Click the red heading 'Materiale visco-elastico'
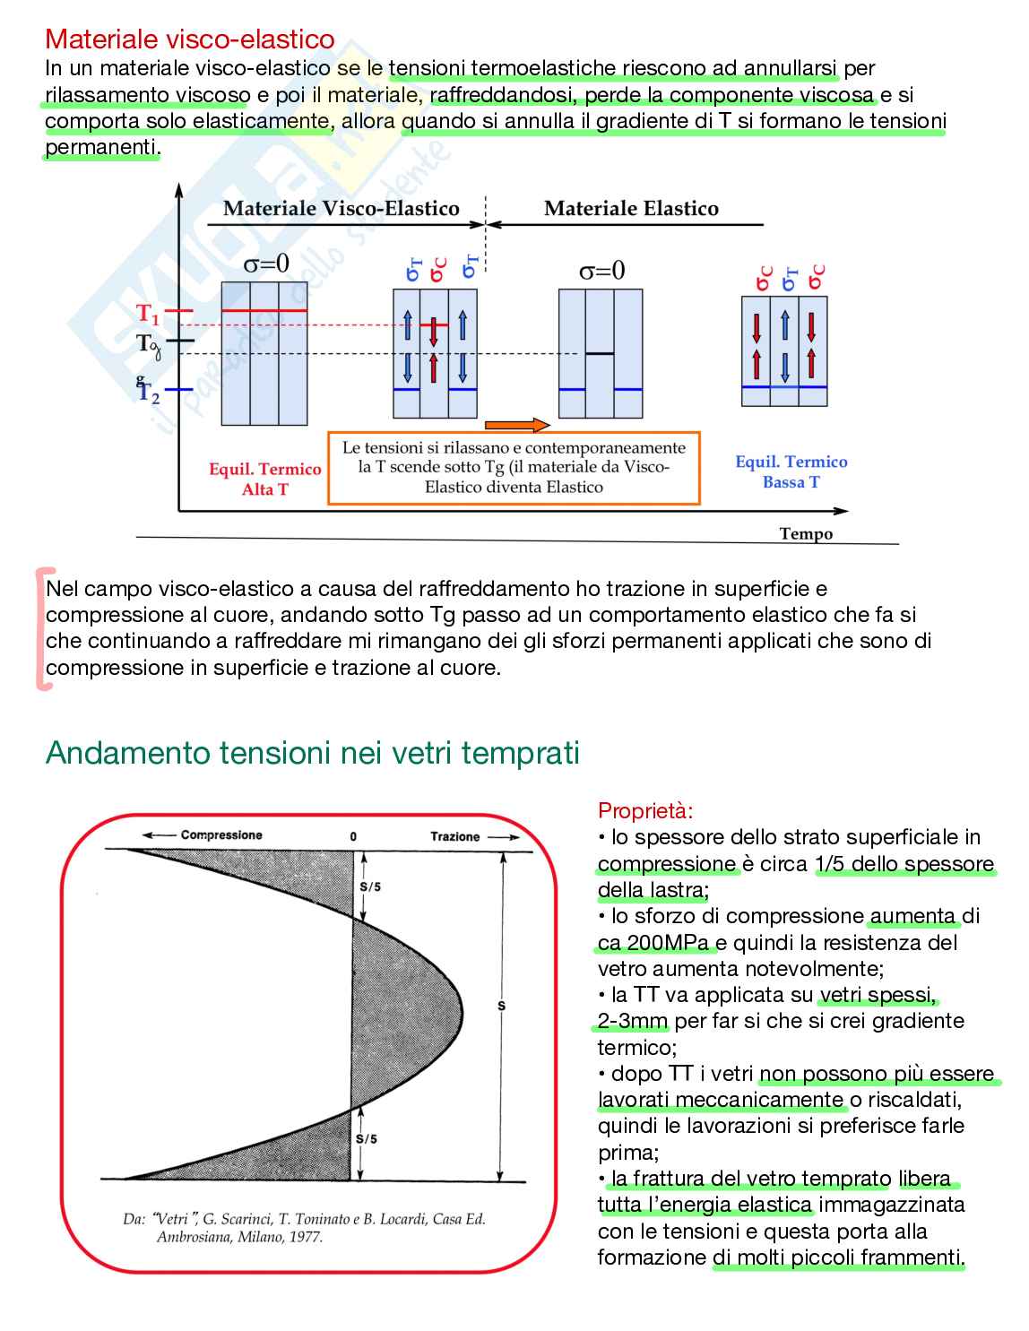[x=189, y=39]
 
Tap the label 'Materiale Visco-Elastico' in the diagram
[x=341, y=209]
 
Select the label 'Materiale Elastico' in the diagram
[x=631, y=209]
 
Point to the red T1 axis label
[x=148, y=314]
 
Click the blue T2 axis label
[x=149, y=393]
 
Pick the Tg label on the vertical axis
[x=148, y=343]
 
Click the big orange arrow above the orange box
[x=515, y=425]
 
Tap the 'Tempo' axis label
[x=806, y=534]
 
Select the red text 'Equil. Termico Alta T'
[x=264, y=479]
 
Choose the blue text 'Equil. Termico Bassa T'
[x=791, y=471]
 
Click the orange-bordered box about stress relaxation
[x=514, y=468]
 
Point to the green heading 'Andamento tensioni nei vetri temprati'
[x=312, y=753]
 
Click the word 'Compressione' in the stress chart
[x=221, y=835]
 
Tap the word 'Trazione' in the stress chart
[x=454, y=836]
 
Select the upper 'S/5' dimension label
[x=369, y=886]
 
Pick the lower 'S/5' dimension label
[x=367, y=1139]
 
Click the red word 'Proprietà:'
[x=645, y=811]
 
